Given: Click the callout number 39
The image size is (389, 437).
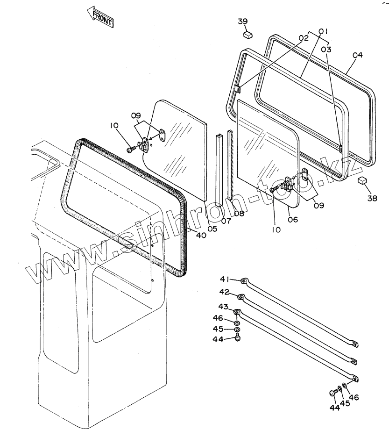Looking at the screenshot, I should click(243, 21).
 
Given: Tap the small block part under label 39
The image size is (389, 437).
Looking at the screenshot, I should click(248, 34).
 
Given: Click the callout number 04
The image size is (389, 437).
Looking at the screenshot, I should click(357, 55).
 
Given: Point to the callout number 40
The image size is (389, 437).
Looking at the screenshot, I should click(201, 236).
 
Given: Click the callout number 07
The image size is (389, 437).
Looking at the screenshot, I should click(226, 221).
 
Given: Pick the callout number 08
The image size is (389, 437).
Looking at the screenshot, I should click(239, 214).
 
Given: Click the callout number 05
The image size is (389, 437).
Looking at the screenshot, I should click(212, 229).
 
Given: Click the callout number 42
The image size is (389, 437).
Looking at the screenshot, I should click(224, 292).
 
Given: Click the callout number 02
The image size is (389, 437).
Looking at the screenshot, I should click(304, 38).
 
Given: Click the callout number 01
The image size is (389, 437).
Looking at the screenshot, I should click(322, 31).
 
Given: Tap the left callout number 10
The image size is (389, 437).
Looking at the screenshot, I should click(115, 125).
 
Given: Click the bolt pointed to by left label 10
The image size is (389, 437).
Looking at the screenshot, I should click(131, 150).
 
